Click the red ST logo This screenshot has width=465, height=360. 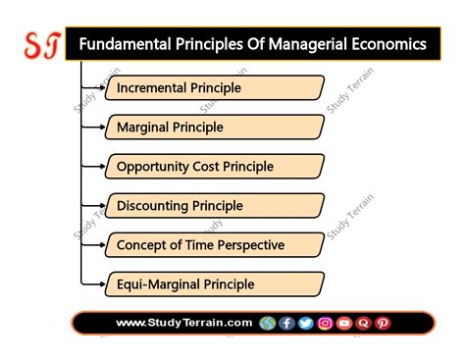coord(42,45)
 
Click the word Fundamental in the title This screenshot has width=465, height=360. coord(126,44)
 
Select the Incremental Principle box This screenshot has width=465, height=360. coord(215,87)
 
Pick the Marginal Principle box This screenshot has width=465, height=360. coord(215,127)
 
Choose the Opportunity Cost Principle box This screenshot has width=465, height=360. coord(215,166)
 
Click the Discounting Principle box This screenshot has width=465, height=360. coord(215,206)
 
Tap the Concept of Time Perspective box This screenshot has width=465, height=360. coord(215,245)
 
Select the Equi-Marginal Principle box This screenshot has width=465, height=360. coord(215,284)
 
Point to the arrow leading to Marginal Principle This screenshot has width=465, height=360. coord(93,127)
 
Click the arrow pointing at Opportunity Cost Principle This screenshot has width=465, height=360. coord(93,166)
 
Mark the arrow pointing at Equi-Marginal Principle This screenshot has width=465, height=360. coord(93,284)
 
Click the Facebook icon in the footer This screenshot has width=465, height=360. coord(286,324)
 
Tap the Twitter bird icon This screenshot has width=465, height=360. coord(306,324)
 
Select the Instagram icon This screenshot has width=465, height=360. coord(325,324)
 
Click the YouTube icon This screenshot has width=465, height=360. coord(344,324)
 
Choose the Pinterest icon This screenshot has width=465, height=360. coord(383,324)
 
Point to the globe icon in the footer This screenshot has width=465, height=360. coord(268,324)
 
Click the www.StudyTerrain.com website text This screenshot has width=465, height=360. coord(184,323)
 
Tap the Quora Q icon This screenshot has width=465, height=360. coord(363,324)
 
